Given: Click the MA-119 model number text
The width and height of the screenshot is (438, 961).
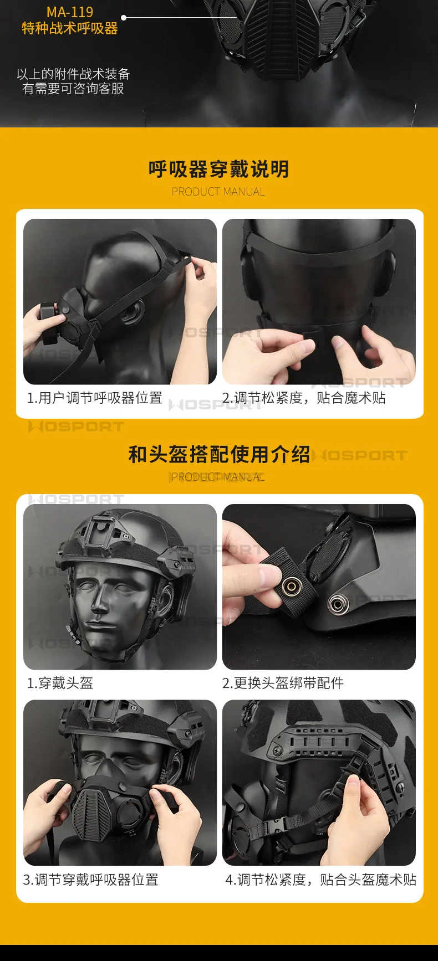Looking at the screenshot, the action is click(x=70, y=12).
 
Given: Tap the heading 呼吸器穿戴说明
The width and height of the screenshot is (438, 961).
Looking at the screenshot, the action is click(x=219, y=169).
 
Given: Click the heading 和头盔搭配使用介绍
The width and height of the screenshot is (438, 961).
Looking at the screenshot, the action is click(x=219, y=454).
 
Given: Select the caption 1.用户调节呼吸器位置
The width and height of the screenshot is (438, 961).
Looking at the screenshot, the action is click(x=94, y=398).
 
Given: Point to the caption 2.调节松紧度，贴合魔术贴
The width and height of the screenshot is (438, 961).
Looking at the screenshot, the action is click(x=304, y=398).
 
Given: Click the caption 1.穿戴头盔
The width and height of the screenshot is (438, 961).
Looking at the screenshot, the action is click(x=60, y=683).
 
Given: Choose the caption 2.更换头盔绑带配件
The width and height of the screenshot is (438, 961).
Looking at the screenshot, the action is click(x=283, y=683).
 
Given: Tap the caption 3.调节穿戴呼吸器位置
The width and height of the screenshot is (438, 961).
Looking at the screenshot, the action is click(x=91, y=880).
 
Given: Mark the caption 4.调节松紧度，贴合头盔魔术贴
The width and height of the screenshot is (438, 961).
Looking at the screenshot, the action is click(x=321, y=880).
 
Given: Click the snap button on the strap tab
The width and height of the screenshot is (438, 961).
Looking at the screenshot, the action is click(x=291, y=587).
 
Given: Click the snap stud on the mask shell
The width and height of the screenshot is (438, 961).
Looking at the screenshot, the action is click(x=337, y=604).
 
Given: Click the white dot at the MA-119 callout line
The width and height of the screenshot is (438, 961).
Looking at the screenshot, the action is click(x=124, y=18).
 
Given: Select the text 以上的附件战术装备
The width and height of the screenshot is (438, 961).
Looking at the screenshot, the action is click(x=73, y=74).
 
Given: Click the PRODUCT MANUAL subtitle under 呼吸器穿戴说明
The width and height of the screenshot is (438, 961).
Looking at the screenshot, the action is click(x=218, y=192).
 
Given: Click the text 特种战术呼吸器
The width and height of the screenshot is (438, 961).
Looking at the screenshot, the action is click(x=70, y=28).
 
